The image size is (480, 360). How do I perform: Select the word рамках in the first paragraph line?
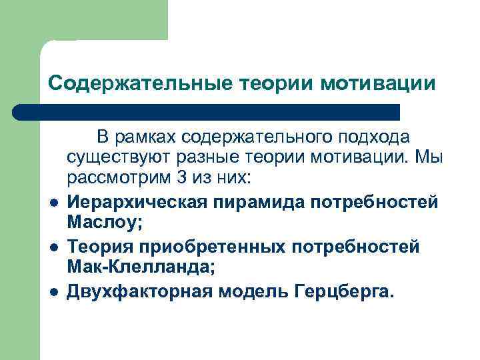[x=145, y=137]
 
